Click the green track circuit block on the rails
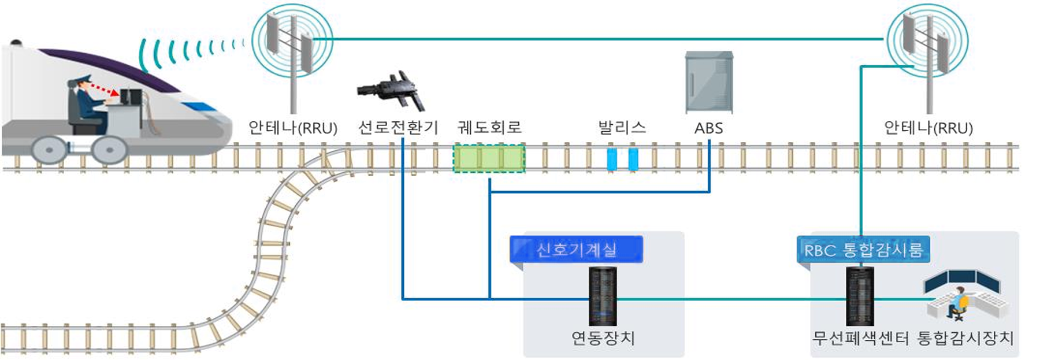pos(489,159)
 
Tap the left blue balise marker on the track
pos(612,159)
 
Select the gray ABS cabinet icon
pos(709,83)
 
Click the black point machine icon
pos(392,91)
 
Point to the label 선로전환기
pos(398,127)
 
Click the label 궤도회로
pos(489,127)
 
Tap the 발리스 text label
pos(622,127)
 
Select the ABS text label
pos(708,128)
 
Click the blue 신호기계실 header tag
pos(576,250)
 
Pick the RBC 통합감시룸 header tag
pos(863,250)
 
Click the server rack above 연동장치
pos(603,296)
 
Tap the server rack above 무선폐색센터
pos(860,296)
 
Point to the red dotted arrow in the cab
pos(104,90)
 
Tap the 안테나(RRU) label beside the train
pos(292,128)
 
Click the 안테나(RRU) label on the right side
pos(928,128)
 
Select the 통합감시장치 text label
pos(965,338)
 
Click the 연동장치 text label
pos(603,337)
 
